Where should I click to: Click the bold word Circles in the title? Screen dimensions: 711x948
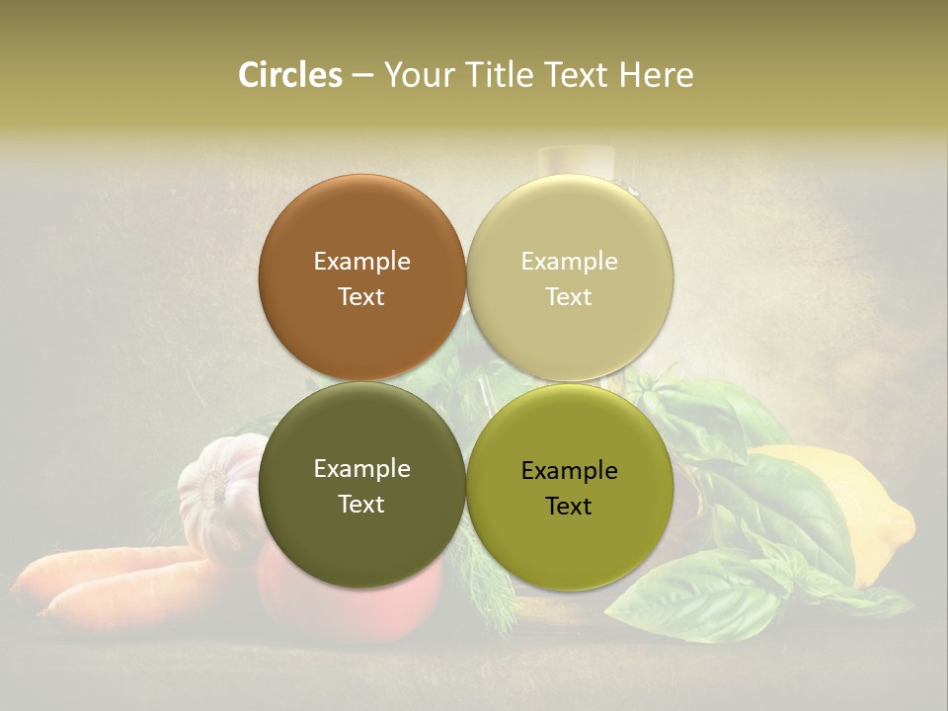point(290,75)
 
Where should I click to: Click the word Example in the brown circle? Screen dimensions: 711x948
point(361,262)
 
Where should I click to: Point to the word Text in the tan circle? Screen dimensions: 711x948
point(569,297)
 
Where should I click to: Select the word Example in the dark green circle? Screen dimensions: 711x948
point(361,469)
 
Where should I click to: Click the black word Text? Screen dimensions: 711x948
point(569,507)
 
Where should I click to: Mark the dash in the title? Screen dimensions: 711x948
point(362,75)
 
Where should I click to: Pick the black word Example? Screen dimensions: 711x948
point(569,471)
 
